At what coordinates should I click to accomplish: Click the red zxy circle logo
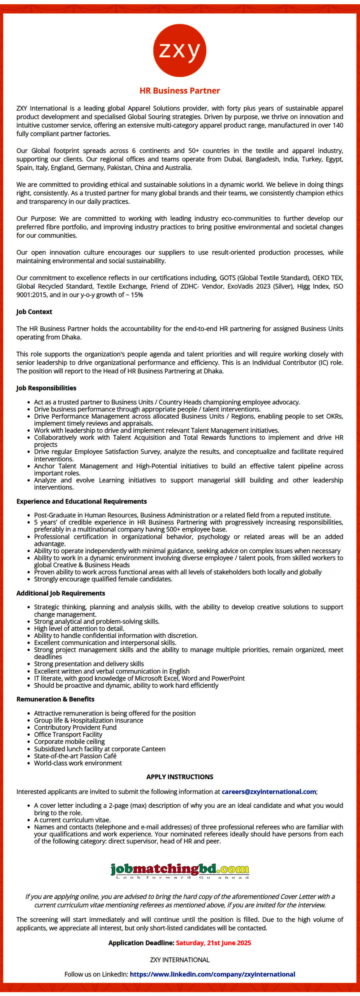pos(179,51)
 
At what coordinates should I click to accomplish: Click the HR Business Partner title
pos(179,91)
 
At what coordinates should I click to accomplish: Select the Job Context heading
pos(34,312)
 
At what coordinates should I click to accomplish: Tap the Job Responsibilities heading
pos(46,388)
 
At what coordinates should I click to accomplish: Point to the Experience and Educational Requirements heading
pos(81,501)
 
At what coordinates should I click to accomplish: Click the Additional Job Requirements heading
pos(61,593)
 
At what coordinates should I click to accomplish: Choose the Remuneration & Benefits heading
pos(55,699)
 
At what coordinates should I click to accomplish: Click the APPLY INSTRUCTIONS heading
pos(179,777)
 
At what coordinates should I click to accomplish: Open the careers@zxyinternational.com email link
pos(269,791)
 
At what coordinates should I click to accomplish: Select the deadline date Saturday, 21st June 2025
pos(213,943)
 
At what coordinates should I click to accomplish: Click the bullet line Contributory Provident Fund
pos(75,727)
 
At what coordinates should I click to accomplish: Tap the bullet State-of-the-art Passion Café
pos(75,756)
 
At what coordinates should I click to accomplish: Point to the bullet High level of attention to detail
pos(79,628)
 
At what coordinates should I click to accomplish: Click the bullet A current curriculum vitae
pos(72,820)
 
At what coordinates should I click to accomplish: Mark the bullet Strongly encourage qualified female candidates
pos(103,579)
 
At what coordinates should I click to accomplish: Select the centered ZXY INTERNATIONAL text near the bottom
pos(179,960)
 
